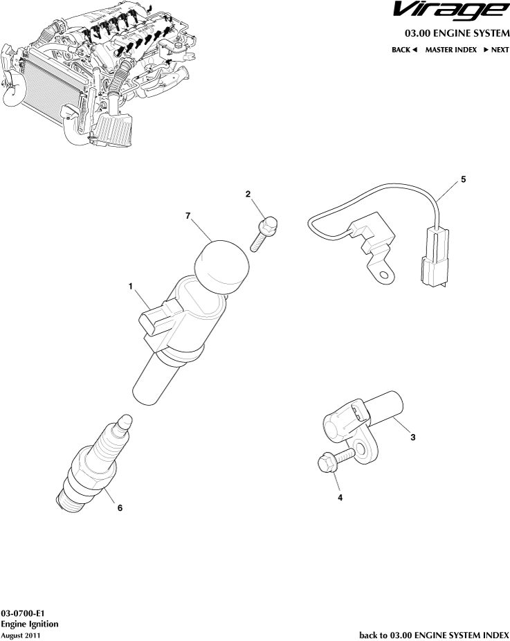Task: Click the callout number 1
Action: click(130, 285)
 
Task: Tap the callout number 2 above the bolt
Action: click(248, 195)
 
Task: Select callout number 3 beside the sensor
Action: click(412, 437)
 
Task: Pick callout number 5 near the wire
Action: click(463, 179)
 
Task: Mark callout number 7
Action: click(188, 217)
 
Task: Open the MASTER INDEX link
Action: click(450, 50)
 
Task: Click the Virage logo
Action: click(448, 12)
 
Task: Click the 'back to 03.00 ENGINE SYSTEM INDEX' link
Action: click(434, 634)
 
